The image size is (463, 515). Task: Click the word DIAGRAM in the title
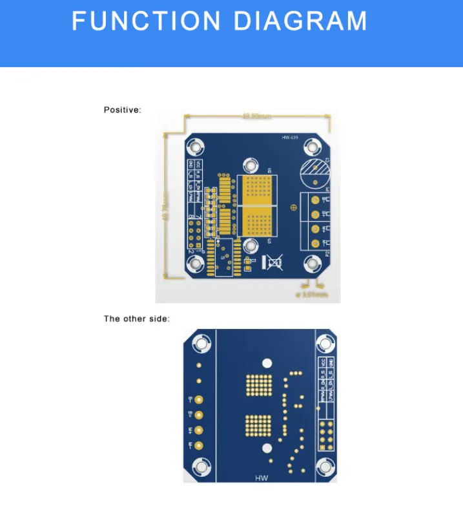(x=300, y=21)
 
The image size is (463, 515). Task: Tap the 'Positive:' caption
(x=122, y=110)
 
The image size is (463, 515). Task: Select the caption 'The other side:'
(x=137, y=319)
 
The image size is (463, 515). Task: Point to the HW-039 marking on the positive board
(x=290, y=138)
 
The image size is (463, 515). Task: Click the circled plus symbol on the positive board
(x=294, y=207)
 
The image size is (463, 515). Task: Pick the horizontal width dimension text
(x=256, y=117)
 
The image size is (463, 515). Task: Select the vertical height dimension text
(x=167, y=206)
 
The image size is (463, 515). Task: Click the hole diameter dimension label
(x=312, y=295)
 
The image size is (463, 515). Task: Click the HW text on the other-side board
(x=261, y=478)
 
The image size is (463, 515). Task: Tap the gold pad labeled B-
(x=200, y=400)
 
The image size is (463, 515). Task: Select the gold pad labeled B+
(x=200, y=414)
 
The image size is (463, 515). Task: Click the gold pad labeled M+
(x=200, y=430)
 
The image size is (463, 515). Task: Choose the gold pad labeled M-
(x=200, y=445)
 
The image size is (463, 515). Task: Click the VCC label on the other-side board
(x=324, y=363)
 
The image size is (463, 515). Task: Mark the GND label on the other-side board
(x=331, y=363)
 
